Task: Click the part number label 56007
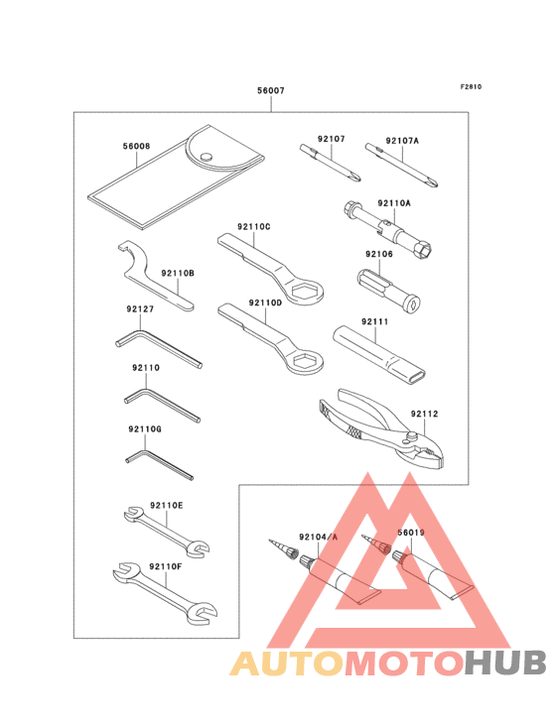pyautogui.click(x=271, y=90)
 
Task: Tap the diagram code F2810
pyautogui.click(x=470, y=86)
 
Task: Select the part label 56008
pyautogui.click(x=136, y=146)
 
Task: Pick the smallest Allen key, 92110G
pyautogui.click(x=149, y=459)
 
